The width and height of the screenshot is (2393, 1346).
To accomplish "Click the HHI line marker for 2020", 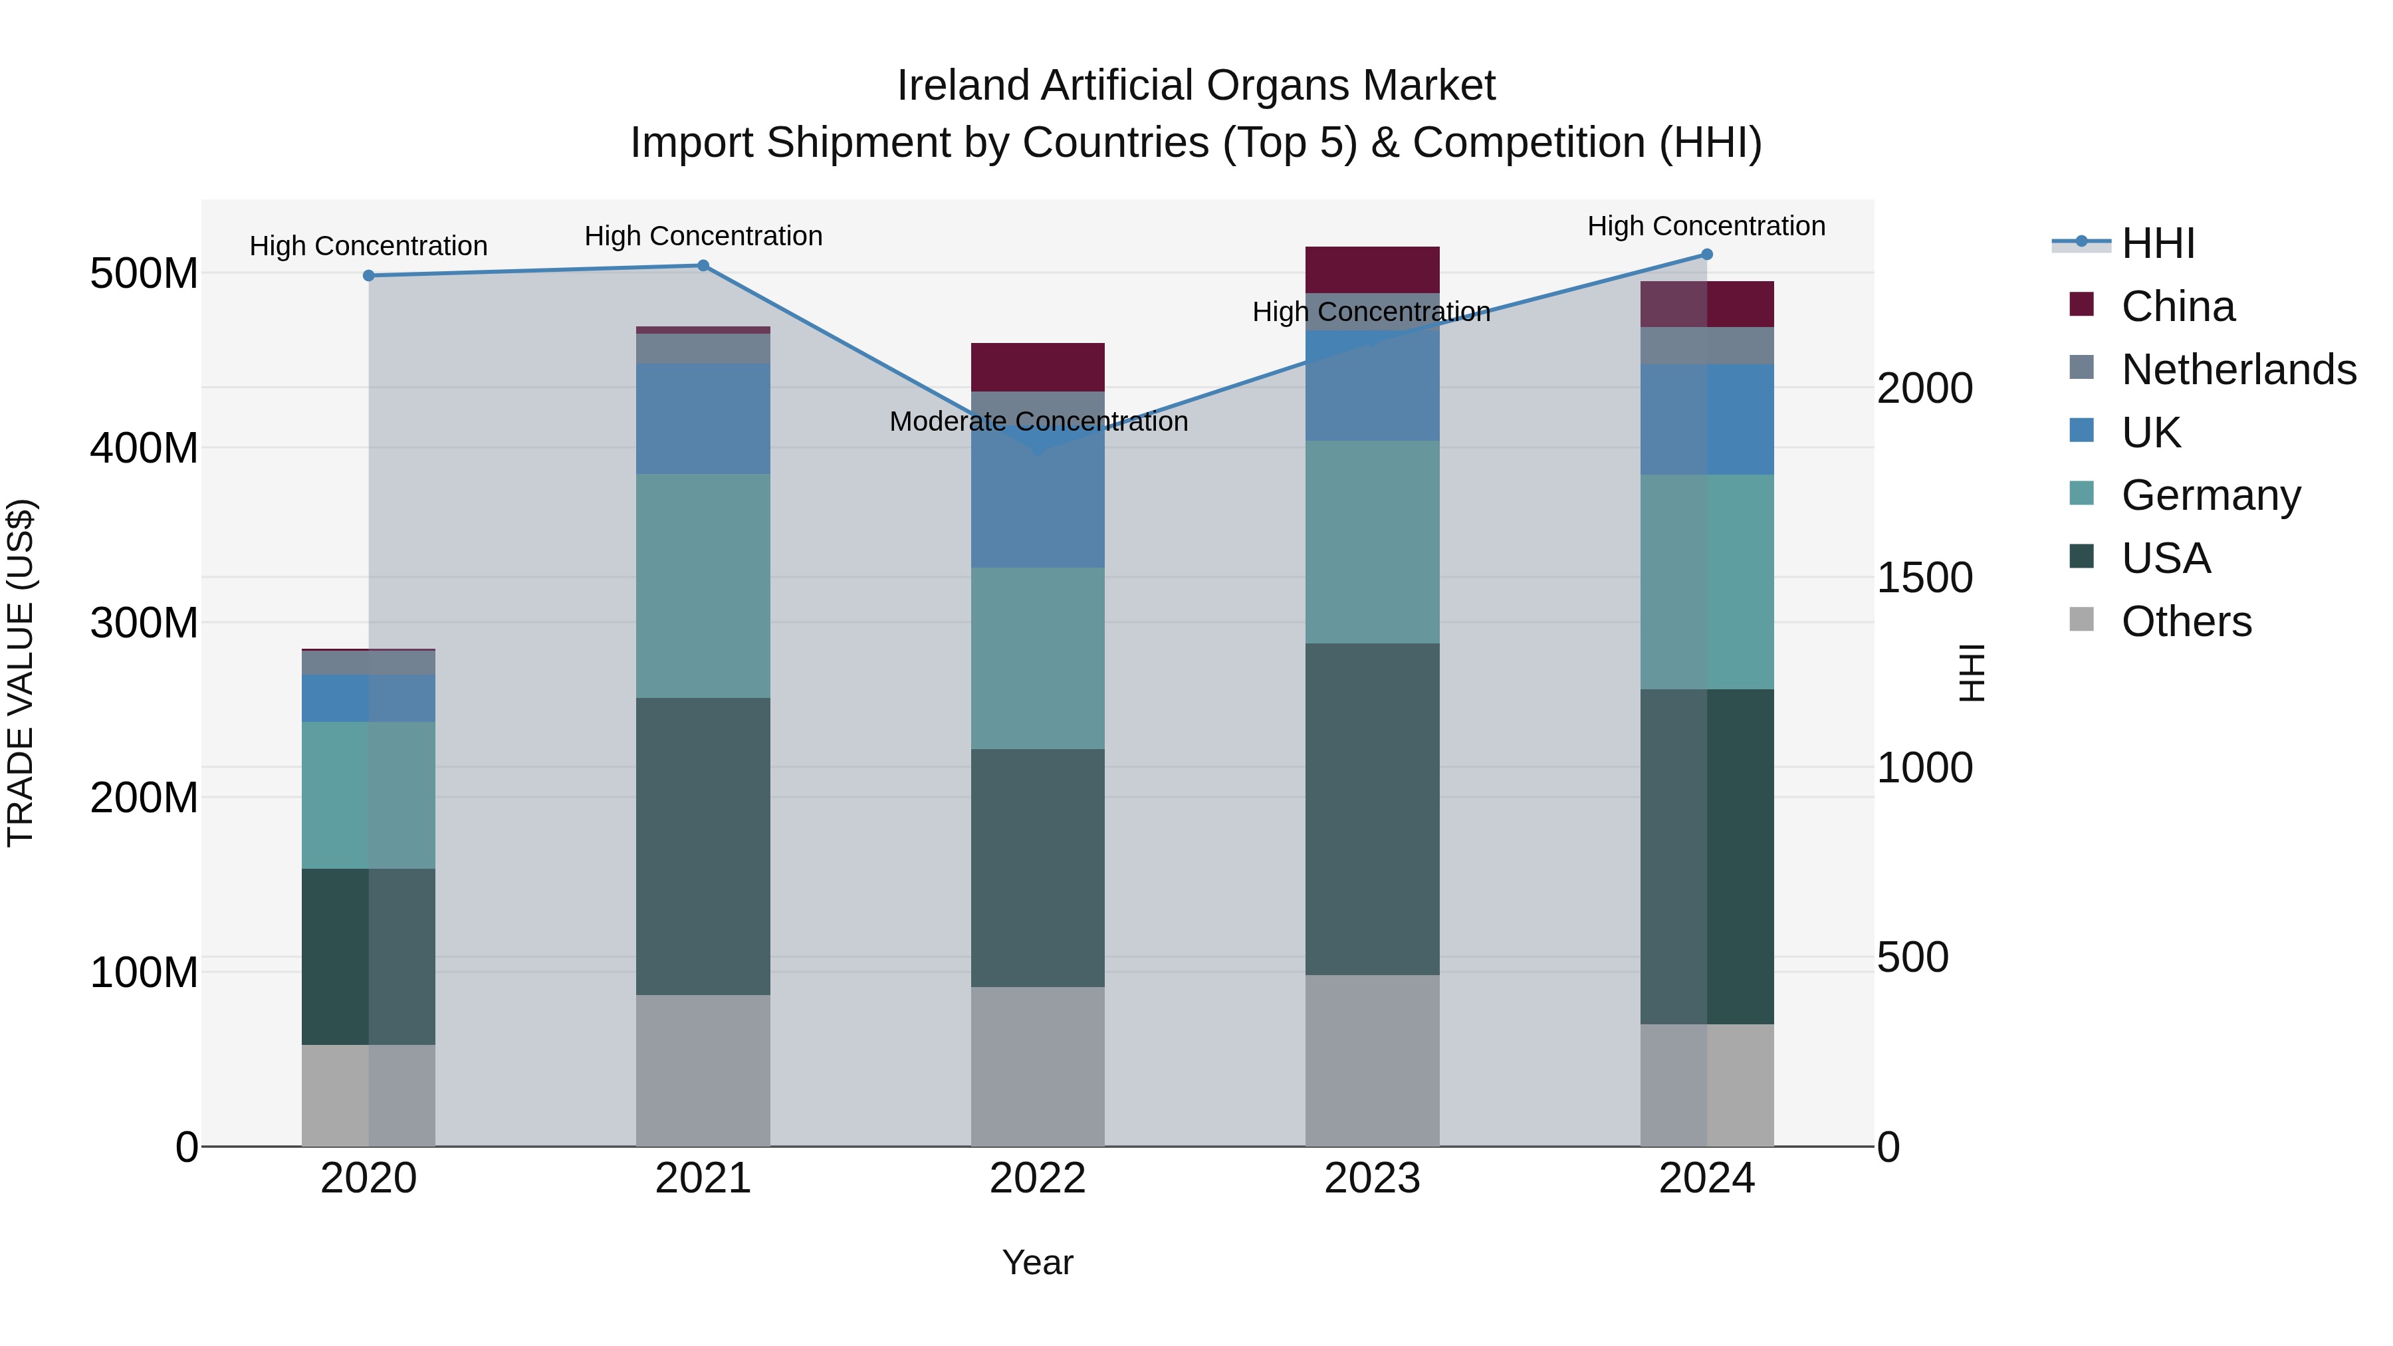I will coord(369,276).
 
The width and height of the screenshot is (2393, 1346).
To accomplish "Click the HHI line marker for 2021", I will coord(703,266).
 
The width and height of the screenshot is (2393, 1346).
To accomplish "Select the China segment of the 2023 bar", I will coord(1372,269).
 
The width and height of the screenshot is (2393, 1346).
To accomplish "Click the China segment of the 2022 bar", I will coord(1038,367).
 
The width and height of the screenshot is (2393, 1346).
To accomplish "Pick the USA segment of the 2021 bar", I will coord(703,845).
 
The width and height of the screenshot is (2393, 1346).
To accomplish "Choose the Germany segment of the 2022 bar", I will coord(1038,657).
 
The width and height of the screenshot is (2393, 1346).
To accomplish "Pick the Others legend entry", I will coord(2185,621).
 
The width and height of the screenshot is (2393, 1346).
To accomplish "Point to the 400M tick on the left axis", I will coord(144,449).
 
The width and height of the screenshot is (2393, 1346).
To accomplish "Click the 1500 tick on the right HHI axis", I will coord(1924,578).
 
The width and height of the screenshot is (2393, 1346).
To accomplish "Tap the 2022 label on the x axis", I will coord(1038,1178).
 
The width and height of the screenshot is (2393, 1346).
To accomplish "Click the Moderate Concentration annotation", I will coord(1038,421).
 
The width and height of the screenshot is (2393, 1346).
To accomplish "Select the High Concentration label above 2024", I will coord(1706,226).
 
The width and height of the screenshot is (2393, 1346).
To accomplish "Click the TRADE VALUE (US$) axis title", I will coord(21,673).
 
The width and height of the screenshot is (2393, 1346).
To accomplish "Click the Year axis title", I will coord(1038,1262).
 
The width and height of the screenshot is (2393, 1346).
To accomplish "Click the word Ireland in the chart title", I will coord(963,86).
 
